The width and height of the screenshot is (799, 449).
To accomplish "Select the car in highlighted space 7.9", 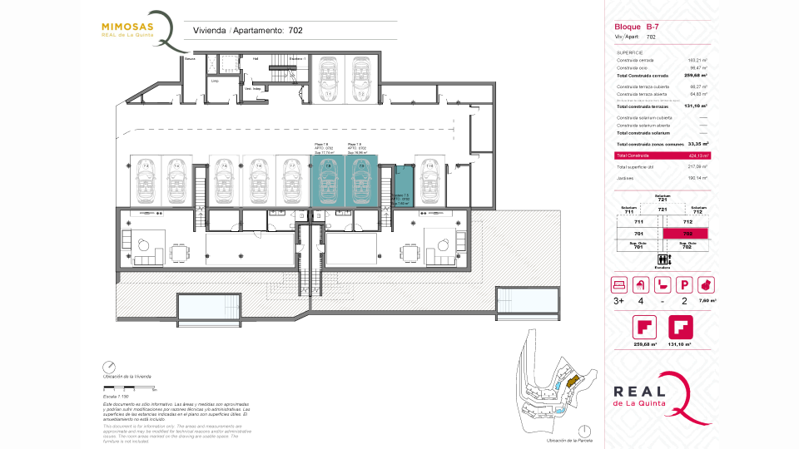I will [x=360, y=180].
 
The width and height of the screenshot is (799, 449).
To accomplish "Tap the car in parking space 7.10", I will [x=429, y=180].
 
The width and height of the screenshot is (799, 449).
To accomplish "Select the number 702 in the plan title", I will [x=295, y=31].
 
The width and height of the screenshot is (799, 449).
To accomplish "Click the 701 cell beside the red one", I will [x=638, y=234].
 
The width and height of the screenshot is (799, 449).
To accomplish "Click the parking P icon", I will [x=684, y=284].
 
